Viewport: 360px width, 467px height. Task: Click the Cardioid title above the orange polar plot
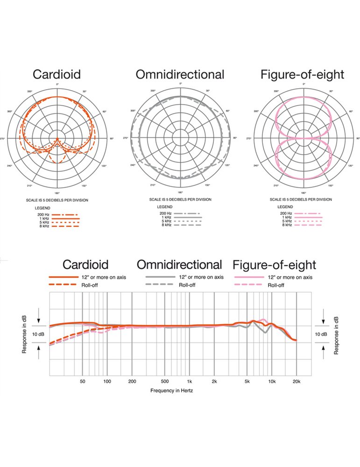click(x=57, y=74)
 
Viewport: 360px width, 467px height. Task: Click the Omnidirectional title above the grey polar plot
click(x=180, y=74)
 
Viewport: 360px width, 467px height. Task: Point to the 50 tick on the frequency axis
click(x=83, y=382)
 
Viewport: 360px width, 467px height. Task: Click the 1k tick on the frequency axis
click(x=189, y=382)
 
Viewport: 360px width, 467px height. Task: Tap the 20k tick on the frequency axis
click(x=296, y=382)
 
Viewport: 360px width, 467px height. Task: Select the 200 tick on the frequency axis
click(x=132, y=382)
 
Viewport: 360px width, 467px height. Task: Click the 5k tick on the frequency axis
click(x=247, y=382)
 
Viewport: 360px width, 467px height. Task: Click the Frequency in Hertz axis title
click(x=172, y=390)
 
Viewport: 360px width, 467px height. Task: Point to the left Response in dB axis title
click(x=24, y=334)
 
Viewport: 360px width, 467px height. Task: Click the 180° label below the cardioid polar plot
click(x=57, y=193)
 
